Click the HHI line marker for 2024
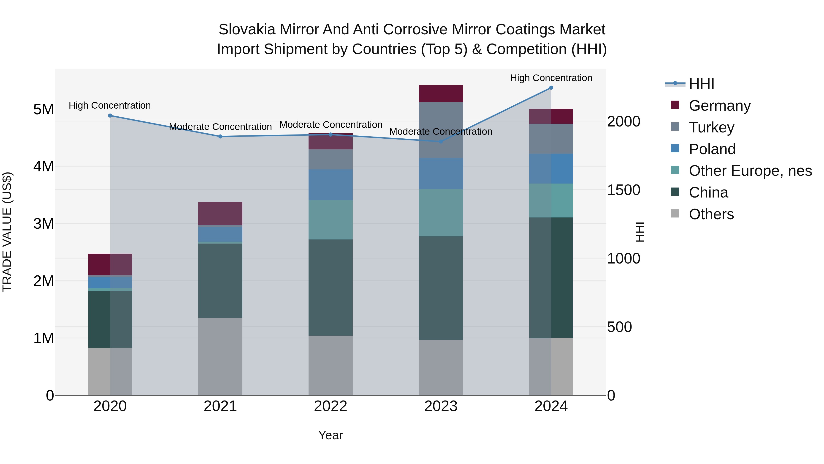click(x=551, y=88)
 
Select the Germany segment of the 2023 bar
click(x=441, y=93)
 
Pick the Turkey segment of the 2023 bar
click(x=441, y=130)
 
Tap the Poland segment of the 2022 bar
click(x=331, y=185)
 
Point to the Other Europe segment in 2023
click(x=441, y=213)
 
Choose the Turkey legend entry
click(x=711, y=127)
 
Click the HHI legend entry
click(x=701, y=84)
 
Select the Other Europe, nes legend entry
click(x=750, y=171)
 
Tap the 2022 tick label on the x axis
click(x=331, y=406)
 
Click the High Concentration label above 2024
click(x=551, y=78)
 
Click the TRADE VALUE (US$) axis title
click(x=7, y=232)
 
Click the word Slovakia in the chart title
click(x=246, y=30)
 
